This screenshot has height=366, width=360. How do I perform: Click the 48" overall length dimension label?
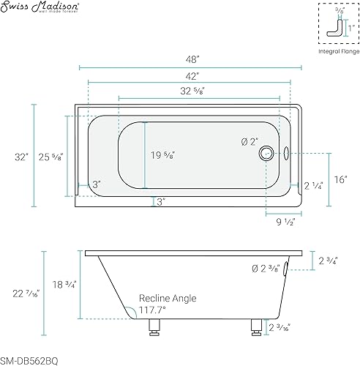pos(192,59)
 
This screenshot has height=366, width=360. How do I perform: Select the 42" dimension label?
pos(192,76)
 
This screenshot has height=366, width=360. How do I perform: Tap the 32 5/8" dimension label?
pos(192,91)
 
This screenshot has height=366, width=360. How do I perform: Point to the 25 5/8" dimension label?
pos(51,157)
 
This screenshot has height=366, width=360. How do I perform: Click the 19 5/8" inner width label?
pos(163,155)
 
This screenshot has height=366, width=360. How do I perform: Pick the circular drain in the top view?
pos(266,153)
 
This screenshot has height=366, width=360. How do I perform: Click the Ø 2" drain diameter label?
pos(250,142)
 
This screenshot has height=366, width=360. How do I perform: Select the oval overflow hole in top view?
pos(286,153)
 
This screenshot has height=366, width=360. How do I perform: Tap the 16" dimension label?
pos(340,179)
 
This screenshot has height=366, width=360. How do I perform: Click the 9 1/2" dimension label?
pos(285,222)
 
